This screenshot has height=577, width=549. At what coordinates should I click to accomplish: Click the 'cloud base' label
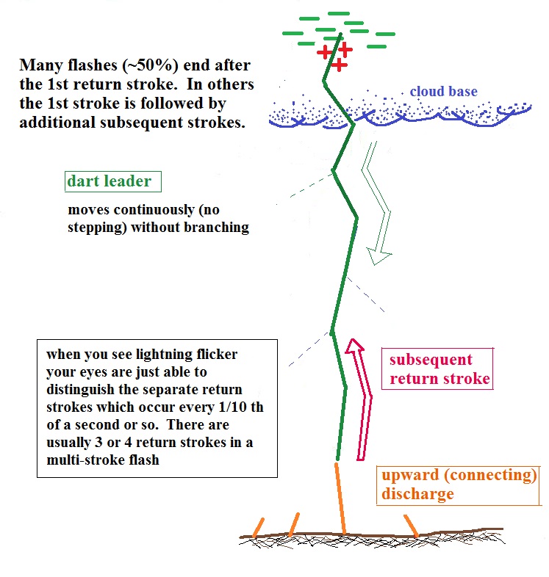pyautogui.click(x=443, y=92)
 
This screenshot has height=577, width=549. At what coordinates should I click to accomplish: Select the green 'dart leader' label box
pyautogui.click(x=111, y=181)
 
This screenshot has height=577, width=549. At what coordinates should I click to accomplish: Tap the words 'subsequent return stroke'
pyautogui.click(x=439, y=369)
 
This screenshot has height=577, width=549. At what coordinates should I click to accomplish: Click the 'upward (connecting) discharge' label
pyautogui.click(x=458, y=484)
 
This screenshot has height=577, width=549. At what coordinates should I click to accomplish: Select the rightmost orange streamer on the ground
pyautogui.click(x=409, y=524)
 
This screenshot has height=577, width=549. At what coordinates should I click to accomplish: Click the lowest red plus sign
pyautogui.click(x=338, y=65)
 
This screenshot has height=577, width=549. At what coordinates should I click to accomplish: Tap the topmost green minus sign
pyautogui.click(x=339, y=13)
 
